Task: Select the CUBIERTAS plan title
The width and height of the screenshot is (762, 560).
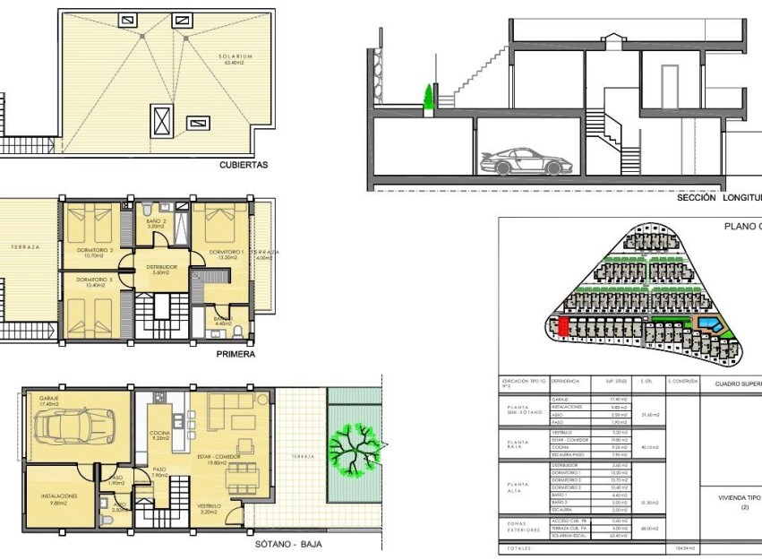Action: [x=244, y=166]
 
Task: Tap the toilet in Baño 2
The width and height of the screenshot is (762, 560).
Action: [x=148, y=210]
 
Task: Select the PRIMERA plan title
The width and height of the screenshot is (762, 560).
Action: [x=235, y=354]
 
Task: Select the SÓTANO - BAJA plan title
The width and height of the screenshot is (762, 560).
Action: [x=288, y=544]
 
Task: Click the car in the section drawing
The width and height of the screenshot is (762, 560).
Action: [x=524, y=161]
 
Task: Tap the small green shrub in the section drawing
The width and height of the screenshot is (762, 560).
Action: [x=429, y=97]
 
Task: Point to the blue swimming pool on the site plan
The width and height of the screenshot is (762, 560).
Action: [x=707, y=322]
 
